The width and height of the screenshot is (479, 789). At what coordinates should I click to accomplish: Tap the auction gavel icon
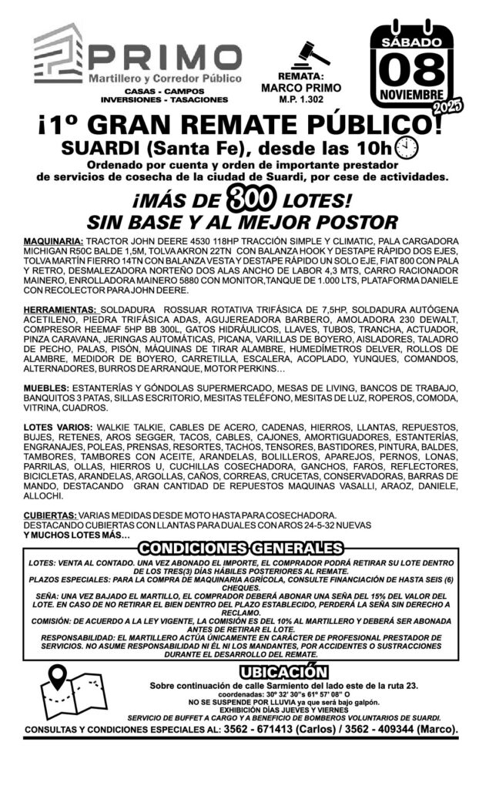[313, 54]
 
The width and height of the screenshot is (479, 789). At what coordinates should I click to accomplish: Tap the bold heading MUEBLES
[47, 388]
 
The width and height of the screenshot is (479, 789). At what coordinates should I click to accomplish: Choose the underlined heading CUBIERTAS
[49, 515]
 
